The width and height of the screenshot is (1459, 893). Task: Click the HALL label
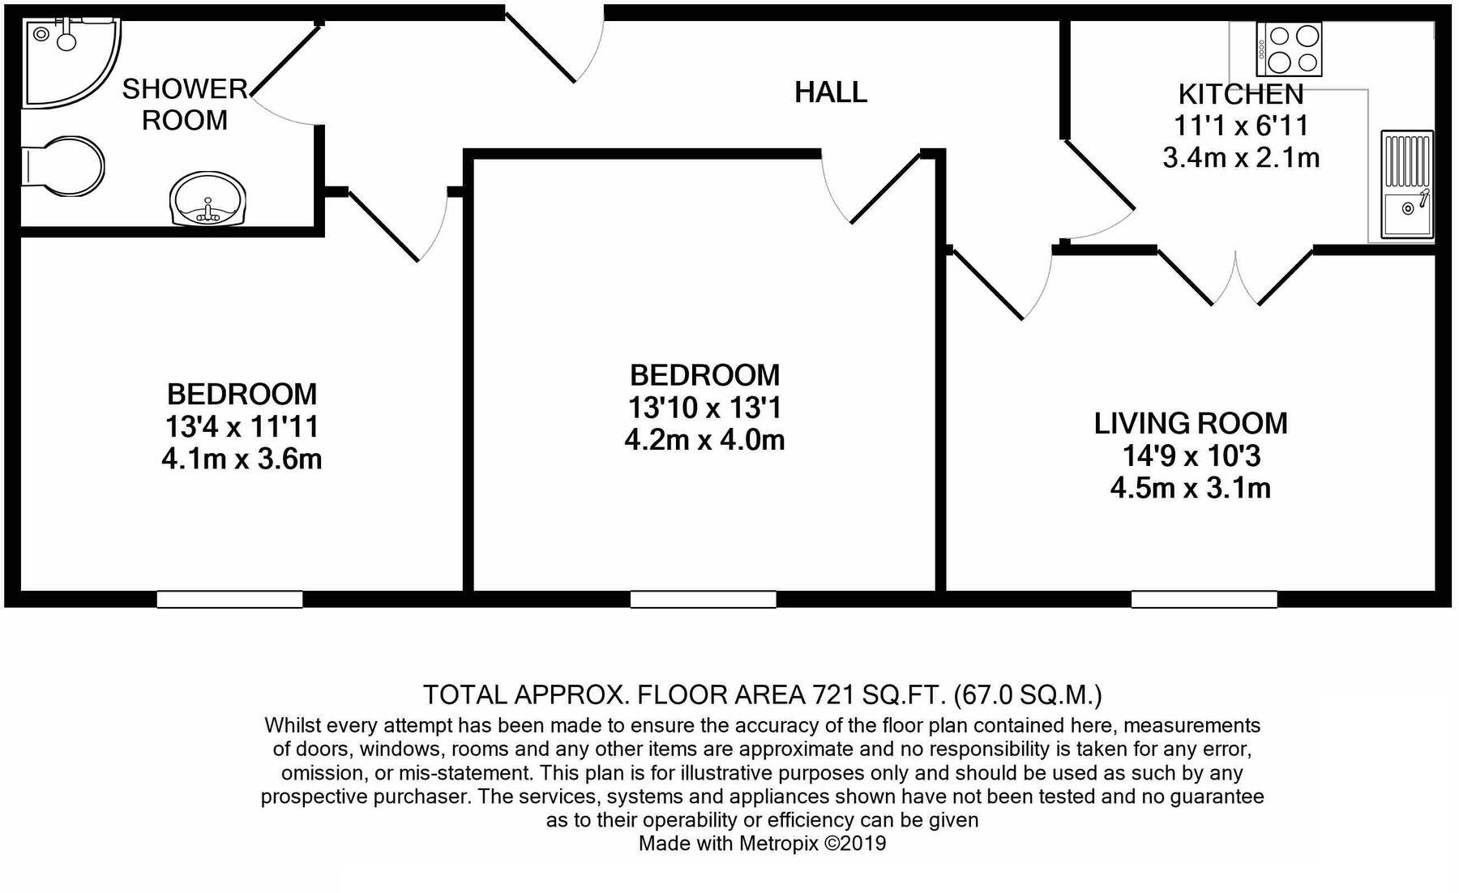tap(830, 92)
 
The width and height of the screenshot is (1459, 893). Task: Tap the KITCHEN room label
tap(1240, 94)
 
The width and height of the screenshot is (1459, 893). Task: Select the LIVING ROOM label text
tap(1190, 423)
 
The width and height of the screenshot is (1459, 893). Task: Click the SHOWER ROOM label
tap(185, 104)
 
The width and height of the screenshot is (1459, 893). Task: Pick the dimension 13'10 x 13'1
tap(704, 407)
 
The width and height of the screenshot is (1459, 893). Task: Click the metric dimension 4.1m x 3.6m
tap(242, 459)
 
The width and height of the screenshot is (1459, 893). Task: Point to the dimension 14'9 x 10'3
tap(1190, 456)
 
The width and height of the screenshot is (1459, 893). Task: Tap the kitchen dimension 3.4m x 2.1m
tap(1240, 157)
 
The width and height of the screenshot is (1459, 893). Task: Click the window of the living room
tap(1204, 600)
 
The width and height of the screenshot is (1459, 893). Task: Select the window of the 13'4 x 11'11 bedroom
tap(229, 600)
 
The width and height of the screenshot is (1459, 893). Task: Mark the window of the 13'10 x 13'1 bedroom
tap(703, 600)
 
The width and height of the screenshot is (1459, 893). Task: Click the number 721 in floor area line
tap(832, 694)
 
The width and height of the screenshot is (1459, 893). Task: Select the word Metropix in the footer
tap(778, 844)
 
